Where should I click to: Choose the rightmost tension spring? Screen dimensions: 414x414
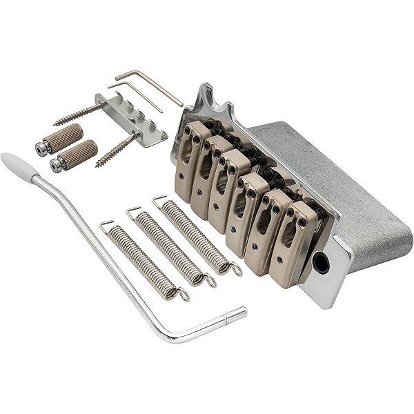point(197,235)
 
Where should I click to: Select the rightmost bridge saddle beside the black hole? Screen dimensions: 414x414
point(293,235)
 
